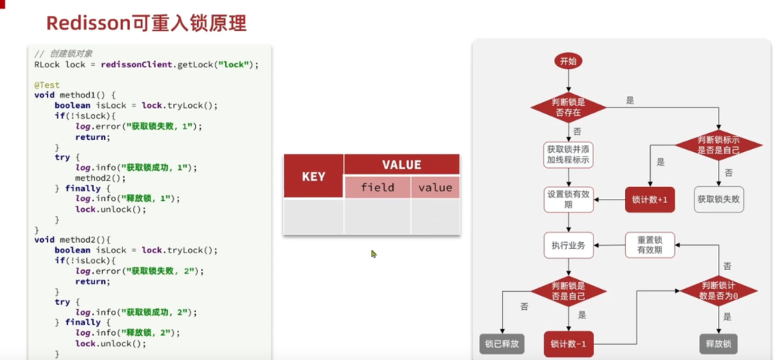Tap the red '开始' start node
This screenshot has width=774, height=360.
[568, 61]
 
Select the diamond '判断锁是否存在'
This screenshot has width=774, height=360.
[568, 107]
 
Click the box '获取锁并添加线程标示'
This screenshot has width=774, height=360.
[568, 154]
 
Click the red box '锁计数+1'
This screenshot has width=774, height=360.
[649, 200]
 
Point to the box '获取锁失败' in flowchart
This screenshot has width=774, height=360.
[718, 200]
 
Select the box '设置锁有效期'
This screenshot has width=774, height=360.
[568, 200]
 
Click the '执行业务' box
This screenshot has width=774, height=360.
[568, 245]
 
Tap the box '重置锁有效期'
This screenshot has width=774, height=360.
[649, 244]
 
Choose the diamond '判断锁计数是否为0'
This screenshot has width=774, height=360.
[719, 291]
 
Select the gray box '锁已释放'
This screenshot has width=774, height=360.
[501, 343]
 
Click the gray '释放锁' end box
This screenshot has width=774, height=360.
[718, 343]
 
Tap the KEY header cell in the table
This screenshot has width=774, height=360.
[313, 176]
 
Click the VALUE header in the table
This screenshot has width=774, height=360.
[401, 164]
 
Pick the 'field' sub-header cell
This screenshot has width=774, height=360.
[377, 188]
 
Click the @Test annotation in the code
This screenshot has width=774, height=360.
[45, 85]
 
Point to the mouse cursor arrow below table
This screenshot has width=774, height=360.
[373, 254]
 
